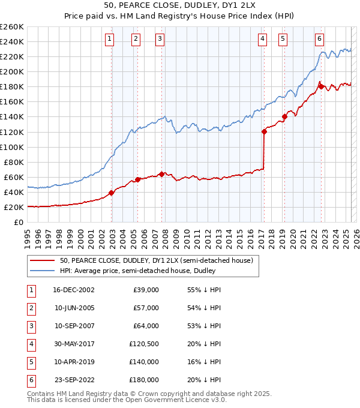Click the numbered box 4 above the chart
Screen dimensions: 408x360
tap(263, 39)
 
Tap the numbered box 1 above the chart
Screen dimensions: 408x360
tap(110, 39)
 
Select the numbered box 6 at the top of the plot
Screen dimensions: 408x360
tap(319, 39)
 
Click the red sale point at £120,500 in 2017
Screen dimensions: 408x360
tap(264, 131)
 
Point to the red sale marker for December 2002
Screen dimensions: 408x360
tap(112, 193)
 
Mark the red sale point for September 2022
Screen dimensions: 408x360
tap(321, 86)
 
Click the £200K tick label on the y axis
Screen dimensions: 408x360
tap(11, 71)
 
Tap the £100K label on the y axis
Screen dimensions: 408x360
tap(11, 147)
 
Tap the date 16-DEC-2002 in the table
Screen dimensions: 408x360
tap(73, 290)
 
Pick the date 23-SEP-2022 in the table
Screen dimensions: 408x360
tap(73, 380)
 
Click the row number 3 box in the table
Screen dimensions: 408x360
tap(31, 326)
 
